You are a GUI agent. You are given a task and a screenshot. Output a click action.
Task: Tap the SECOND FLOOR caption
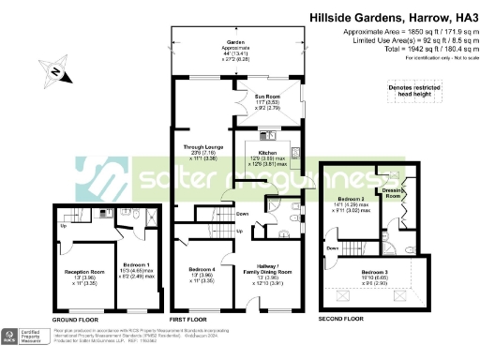(341, 317)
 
